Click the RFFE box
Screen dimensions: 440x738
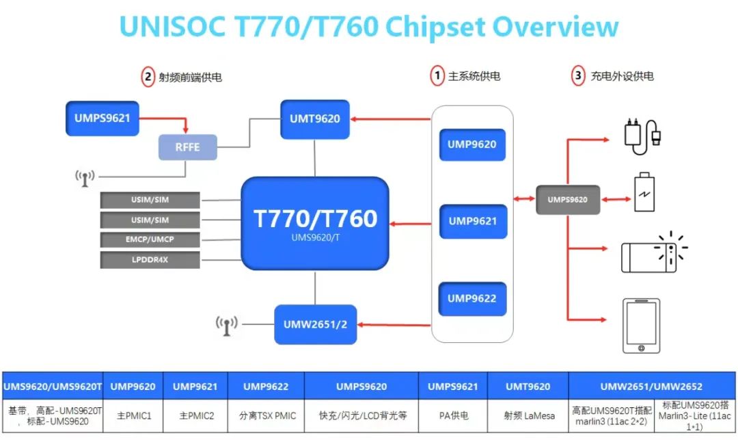pos(188,147)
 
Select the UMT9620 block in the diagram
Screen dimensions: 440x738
pos(314,119)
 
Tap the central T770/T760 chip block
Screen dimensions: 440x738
pos(315,222)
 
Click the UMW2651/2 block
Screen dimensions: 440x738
pos(316,324)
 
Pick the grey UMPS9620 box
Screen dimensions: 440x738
pos(567,200)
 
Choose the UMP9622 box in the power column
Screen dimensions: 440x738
pos(472,299)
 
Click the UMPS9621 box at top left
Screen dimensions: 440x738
pos(99,118)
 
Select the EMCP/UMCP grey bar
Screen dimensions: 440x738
pos(150,240)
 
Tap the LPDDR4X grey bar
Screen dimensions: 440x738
pos(150,260)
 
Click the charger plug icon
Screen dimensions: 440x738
pos(642,133)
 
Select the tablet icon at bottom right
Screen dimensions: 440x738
pos(642,326)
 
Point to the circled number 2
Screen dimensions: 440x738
pos(148,77)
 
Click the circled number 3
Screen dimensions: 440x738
pos(578,75)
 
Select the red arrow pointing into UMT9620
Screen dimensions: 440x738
pos(389,119)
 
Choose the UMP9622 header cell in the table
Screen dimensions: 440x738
pos(266,387)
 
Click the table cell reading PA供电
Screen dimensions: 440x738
pos(452,415)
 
